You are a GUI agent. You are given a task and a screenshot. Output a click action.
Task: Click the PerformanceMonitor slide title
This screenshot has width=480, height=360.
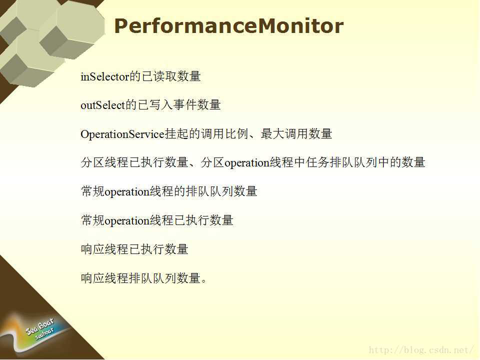pos(228,26)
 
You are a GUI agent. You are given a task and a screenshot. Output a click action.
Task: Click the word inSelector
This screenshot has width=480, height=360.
pos(105,76)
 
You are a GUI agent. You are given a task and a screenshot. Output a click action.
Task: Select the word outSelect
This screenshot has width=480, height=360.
pos(103,105)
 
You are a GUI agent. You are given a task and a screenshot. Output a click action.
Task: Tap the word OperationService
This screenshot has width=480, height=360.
pos(122,134)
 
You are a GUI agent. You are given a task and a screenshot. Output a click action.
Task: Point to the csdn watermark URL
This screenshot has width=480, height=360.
pos(421,349)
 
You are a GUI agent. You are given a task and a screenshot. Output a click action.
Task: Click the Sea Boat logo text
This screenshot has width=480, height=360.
pos(40,327)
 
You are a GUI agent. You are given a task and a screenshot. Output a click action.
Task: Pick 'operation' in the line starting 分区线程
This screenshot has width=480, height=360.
pos(246,163)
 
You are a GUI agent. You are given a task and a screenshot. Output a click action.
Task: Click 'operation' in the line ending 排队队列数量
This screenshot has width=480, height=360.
pos(126,192)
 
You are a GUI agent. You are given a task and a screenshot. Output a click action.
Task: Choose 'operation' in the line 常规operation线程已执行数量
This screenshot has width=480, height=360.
pos(126,220)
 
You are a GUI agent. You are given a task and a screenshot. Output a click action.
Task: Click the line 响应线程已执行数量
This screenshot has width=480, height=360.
pos(134,249)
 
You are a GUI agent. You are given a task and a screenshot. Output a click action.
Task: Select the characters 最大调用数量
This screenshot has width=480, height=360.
pos(296,134)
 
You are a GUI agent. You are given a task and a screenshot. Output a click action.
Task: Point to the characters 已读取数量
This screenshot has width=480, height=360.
pos(171,76)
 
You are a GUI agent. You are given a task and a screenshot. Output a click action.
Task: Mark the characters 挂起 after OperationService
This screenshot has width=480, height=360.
pos(176,134)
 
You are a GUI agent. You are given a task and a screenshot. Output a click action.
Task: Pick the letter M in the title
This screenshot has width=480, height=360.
pos(268,26)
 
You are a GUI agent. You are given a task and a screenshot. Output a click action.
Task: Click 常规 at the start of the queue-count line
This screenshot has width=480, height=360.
pos(93,191)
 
